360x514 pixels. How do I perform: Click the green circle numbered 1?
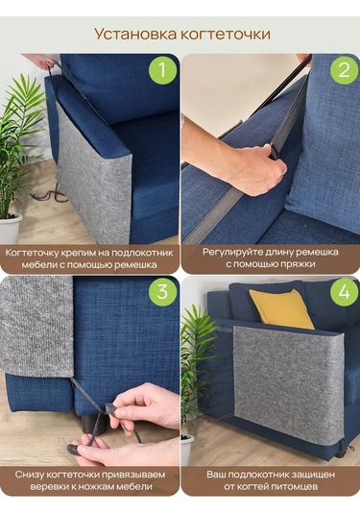163,70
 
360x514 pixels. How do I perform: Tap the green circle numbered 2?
344,70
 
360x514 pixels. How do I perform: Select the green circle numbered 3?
163,292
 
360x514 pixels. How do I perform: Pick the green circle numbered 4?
344,292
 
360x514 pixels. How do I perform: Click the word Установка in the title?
135,34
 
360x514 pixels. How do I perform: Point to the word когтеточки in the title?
226,34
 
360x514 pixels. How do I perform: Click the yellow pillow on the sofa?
281,308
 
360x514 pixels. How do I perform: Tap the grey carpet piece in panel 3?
36,326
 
